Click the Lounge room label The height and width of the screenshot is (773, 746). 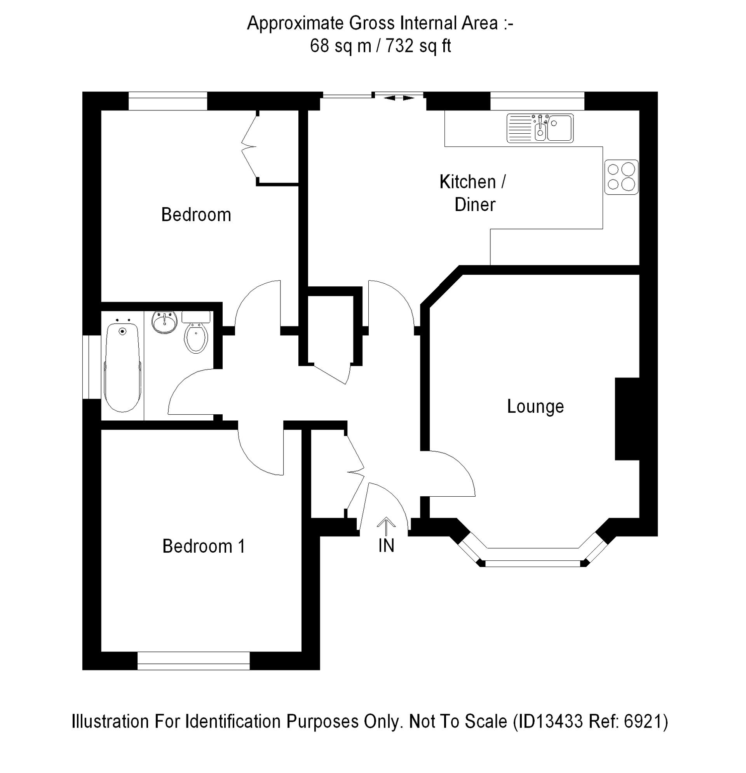coord(535,407)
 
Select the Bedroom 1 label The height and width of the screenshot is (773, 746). coord(204,546)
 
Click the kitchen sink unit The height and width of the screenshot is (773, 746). coord(540,128)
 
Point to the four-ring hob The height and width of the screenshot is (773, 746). coord(621,177)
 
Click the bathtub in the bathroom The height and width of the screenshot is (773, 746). coord(123,367)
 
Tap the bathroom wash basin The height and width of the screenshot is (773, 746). coord(164,322)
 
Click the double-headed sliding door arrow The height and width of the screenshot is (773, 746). coord(399,98)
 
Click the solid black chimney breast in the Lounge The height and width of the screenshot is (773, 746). coord(627,419)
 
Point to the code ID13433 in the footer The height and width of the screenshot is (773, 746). coord(549,722)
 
